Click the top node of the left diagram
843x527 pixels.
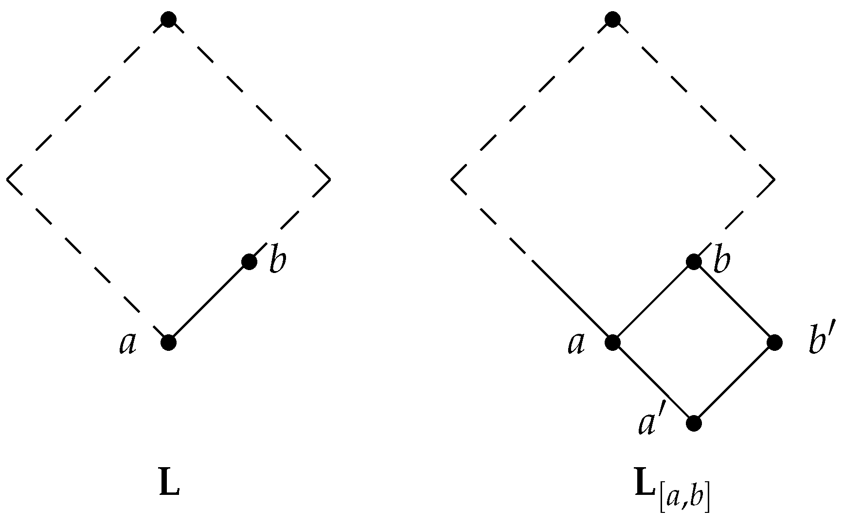click(168, 19)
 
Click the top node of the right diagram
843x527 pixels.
click(612, 19)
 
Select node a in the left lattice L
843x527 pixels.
click(168, 343)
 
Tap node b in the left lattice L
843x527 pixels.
click(249, 262)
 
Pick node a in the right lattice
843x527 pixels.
click(612, 343)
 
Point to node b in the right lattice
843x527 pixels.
click(694, 262)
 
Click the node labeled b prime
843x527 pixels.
click(774, 343)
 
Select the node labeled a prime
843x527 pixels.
click(694, 423)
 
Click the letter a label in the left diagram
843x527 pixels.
click(128, 344)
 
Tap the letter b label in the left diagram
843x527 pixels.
click(278, 262)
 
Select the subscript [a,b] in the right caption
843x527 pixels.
click(684, 497)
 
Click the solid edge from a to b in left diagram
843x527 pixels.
click(209, 302)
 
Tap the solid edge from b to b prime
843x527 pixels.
click(734, 302)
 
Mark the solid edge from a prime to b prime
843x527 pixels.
click(734, 383)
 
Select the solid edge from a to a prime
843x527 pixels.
click(653, 383)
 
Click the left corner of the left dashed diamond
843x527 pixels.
click(8, 180)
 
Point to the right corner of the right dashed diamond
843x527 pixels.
click(773, 180)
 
